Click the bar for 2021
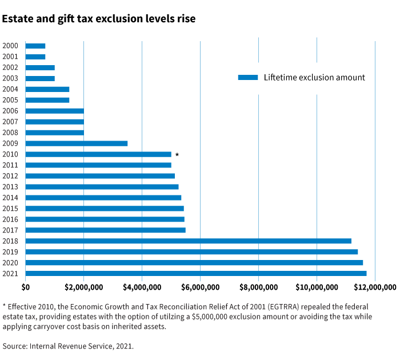[x=196, y=274]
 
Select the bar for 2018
[x=189, y=241]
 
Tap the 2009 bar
[x=77, y=143]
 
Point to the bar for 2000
[x=35, y=46]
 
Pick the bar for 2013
[x=102, y=187]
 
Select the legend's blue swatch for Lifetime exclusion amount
[x=248, y=77]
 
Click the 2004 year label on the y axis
[x=10, y=89]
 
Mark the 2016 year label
[x=10, y=219]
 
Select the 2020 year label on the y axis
[x=10, y=263]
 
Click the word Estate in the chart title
[x=18, y=19]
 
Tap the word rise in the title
[x=185, y=19]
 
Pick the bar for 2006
[x=55, y=111]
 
